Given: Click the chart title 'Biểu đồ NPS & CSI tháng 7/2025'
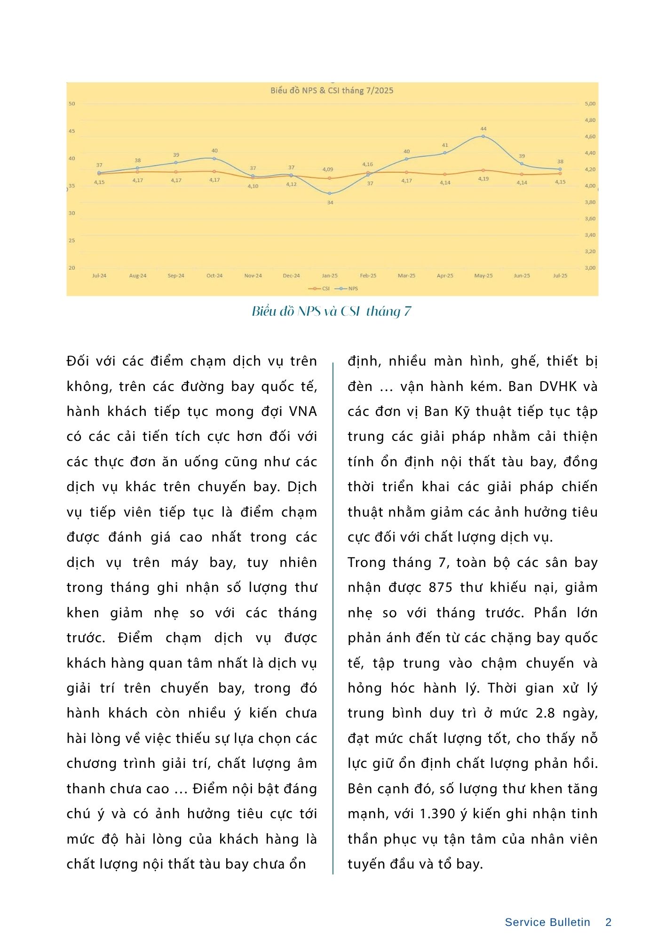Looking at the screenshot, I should point(332,91).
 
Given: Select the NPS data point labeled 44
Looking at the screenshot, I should point(483,136).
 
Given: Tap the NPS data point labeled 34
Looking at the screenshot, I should point(330,193).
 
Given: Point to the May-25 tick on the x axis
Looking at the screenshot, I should point(483,276).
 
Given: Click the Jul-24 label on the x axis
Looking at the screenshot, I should point(99,276).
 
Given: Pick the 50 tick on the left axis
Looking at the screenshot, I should point(72,104).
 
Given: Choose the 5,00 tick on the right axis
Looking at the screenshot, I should point(590,104).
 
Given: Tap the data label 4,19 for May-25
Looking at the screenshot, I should point(483,179).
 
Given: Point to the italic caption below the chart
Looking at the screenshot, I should point(332,311).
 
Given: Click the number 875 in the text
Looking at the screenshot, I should point(441,588).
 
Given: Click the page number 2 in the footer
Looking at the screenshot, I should point(608,922).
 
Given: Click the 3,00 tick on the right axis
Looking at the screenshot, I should point(590,268).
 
